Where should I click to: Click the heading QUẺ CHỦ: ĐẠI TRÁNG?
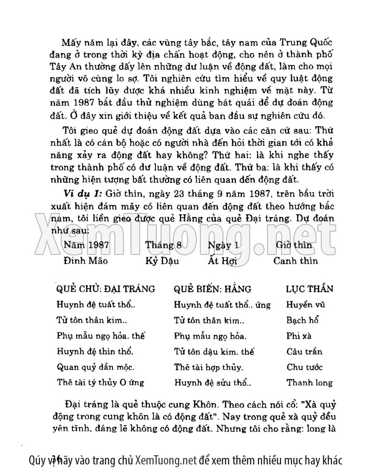pyautogui.click(x=106, y=289)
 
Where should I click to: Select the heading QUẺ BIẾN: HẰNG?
pyautogui.click(x=213, y=289)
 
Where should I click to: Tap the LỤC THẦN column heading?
pyautogui.click(x=309, y=289)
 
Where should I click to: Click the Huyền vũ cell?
pyautogui.click(x=306, y=305)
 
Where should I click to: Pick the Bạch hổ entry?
pyautogui.click(x=302, y=320)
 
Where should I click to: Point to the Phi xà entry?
pyautogui.click(x=299, y=336)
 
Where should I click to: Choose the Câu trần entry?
pyautogui.click(x=305, y=351)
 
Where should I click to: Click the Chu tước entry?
pyautogui.click(x=305, y=367)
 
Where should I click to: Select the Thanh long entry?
pyautogui.click(x=309, y=383)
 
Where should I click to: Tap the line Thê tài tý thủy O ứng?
pyautogui.click(x=100, y=382)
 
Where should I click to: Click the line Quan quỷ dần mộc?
pyautogui.click(x=96, y=367)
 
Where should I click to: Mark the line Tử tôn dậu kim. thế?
pyautogui.click(x=214, y=351)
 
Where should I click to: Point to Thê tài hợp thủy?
pyautogui.click(x=209, y=367)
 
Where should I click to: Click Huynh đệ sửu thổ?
pyautogui.click(x=213, y=383)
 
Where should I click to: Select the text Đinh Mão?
pyautogui.click(x=86, y=261)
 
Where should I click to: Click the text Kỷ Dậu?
pyautogui.click(x=162, y=261)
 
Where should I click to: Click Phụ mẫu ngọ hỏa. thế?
pyautogui.click(x=101, y=336)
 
